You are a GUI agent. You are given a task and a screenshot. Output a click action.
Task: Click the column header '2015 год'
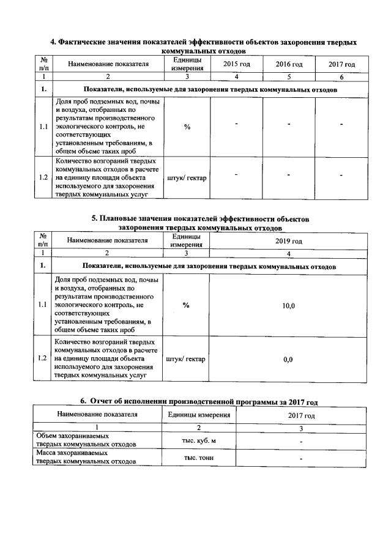click(x=236, y=64)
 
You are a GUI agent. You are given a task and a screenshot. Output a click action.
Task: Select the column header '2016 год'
click(x=289, y=64)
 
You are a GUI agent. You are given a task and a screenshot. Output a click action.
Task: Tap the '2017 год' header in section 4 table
click(x=341, y=64)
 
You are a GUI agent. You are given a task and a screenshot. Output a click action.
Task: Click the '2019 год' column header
click(x=289, y=241)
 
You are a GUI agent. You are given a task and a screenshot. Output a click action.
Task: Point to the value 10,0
click(x=289, y=305)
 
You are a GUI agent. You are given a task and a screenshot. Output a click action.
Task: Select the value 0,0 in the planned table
click(x=289, y=359)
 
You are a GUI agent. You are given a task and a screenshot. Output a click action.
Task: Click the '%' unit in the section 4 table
click(x=187, y=127)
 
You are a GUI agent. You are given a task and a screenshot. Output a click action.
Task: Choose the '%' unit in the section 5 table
click(x=187, y=305)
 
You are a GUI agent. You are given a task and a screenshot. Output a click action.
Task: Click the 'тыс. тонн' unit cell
click(x=199, y=458)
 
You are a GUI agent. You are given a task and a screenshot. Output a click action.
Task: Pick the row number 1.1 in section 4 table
click(x=43, y=127)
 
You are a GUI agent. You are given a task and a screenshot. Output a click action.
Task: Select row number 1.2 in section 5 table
click(x=43, y=358)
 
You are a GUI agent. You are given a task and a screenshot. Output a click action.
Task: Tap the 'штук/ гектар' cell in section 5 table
click(x=187, y=359)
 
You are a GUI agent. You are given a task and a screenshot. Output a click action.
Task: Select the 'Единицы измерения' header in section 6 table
click(x=199, y=415)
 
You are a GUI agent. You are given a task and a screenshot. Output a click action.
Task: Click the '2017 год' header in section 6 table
click(x=301, y=415)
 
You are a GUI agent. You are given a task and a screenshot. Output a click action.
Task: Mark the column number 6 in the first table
click(x=341, y=78)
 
